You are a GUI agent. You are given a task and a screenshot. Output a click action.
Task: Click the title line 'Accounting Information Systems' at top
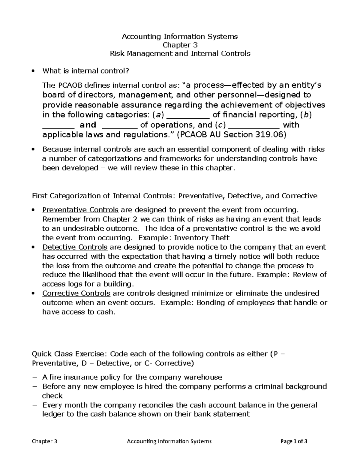(180, 37)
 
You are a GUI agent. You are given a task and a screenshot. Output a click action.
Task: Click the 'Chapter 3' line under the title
(180, 45)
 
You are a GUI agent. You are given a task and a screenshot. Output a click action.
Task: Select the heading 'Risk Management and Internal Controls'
(180, 54)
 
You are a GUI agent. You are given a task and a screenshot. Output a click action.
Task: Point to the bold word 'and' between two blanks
(88, 125)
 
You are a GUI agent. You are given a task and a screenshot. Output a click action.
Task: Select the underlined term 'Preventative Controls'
(80, 210)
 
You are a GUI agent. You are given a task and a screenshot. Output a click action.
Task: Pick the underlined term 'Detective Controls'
(75, 247)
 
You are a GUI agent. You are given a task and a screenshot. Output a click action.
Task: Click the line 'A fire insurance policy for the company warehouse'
(132, 377)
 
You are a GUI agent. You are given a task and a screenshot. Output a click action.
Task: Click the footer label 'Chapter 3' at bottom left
(44, 441)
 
